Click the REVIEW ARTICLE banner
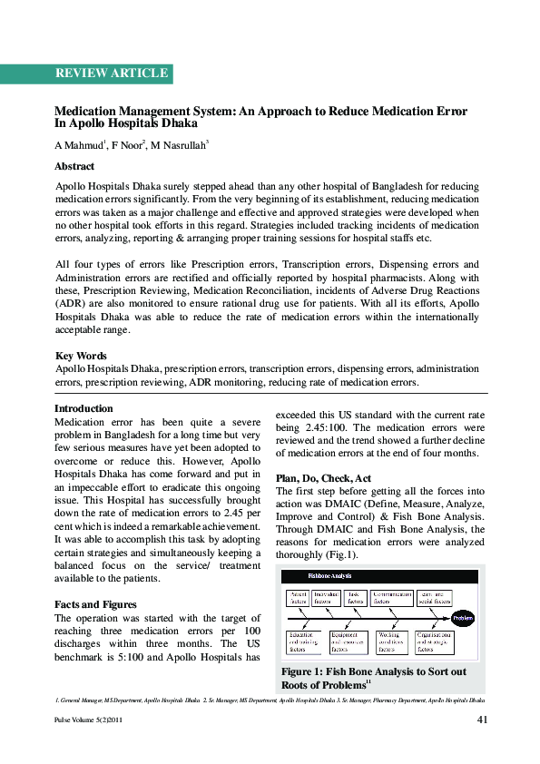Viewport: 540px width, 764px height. tap(111, 73)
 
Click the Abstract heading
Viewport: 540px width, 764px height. tap(74, 167)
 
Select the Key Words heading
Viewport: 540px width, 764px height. tap(81, 357)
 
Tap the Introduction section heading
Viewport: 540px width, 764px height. tap(84, 409)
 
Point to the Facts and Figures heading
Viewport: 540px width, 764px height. tap(95, 604)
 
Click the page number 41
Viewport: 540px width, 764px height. tap(483, 720)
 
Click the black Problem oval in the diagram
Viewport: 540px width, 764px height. tap(462, 618)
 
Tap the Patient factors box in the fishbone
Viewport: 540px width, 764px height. tap(299, 596)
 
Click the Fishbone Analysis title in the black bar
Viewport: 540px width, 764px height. tap(329, 576)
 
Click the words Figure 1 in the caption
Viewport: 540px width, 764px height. tap(304, 671)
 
